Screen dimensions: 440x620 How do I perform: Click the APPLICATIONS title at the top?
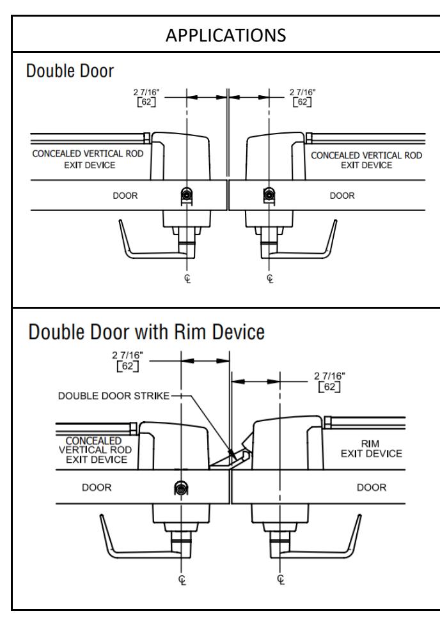point(226,35)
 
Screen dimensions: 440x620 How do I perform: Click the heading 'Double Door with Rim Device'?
point(146,332)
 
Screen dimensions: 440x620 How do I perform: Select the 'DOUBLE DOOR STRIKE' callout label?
point(114,396)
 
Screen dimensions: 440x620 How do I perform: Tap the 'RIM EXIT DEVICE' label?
point(371,449)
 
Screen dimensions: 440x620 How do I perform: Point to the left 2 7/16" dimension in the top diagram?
point(146,97)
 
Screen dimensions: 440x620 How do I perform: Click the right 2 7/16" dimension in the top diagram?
point(302,97)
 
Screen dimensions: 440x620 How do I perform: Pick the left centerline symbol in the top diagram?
point(187,279)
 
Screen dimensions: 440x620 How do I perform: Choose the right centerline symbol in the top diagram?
point(270,279)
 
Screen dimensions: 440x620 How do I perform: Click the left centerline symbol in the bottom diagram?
point(182,580)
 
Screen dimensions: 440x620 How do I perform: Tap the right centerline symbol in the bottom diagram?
point(281,580)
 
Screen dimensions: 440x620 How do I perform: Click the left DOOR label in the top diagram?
point(125,196)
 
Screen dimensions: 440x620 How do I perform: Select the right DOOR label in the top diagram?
point(342,196)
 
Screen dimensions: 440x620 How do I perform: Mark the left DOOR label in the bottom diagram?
point(97,488)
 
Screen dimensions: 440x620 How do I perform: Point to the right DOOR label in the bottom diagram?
point(372,488)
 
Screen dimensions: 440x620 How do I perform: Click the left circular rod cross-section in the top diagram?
point(187,194)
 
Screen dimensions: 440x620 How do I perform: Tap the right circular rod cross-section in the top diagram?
point(269,194)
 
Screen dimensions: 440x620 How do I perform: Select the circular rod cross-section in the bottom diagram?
point(181,489)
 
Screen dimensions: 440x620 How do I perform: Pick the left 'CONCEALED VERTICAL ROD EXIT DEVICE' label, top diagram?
point(88,159)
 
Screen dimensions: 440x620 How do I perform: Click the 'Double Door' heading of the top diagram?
point(70,71)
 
